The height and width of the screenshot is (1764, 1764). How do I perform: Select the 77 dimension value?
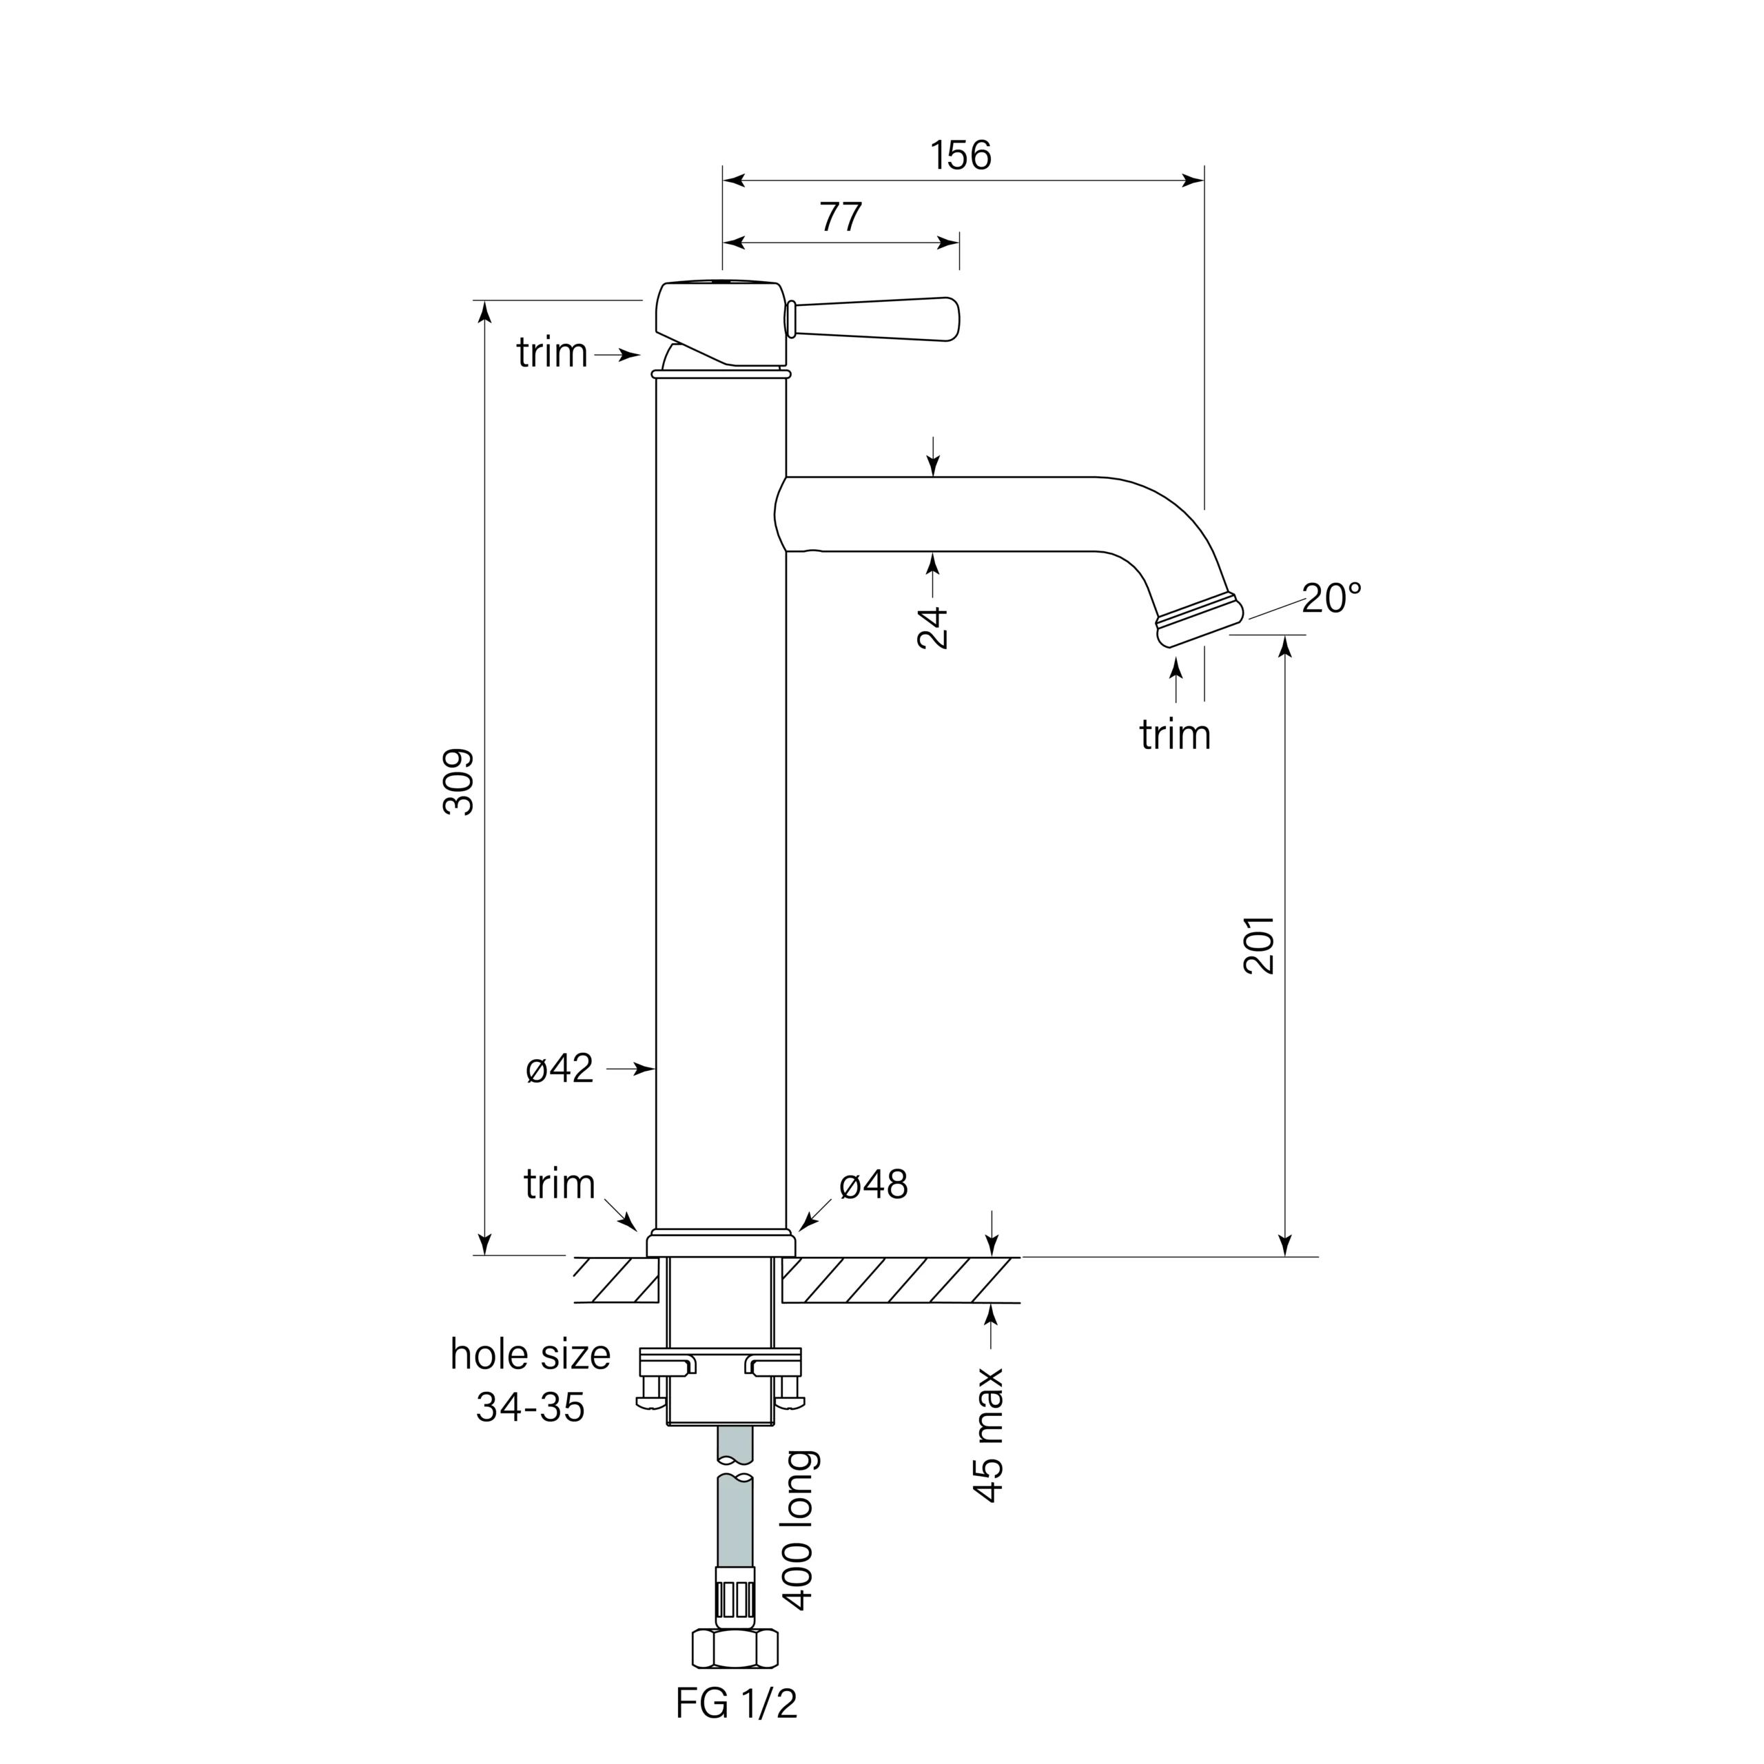840,217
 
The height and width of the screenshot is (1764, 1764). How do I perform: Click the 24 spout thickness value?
933,627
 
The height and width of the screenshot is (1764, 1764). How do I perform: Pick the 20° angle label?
1331,599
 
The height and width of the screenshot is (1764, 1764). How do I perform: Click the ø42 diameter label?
560,1068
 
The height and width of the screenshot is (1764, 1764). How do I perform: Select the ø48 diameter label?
874,1185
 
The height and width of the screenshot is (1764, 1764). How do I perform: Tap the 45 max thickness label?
989,1435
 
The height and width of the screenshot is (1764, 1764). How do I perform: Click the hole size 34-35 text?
531,1380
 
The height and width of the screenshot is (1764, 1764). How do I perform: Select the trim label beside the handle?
551,352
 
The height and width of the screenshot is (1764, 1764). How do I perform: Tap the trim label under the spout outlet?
1174,734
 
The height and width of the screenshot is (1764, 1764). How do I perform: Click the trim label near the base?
559,1184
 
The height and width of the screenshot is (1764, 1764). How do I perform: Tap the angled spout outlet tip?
1200,622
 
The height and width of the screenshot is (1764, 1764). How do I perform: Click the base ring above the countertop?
721,1244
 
